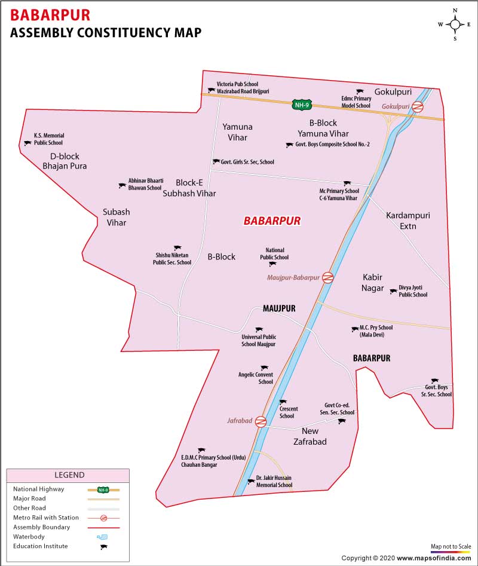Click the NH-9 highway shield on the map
point(301,105)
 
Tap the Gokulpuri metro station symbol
point(418,107)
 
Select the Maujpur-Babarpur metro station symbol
point(327,277)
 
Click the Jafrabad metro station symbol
point(260,421)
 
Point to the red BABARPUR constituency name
point(272,221)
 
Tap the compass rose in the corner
point(455,25)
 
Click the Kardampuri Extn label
point(408,221)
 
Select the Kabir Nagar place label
point(372,283)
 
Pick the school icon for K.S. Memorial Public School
point(27,143)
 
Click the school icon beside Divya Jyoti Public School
point(393,292)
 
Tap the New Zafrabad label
point(310,436)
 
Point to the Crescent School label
point(287,412)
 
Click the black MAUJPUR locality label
point(280,308)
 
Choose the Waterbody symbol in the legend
point(102,537)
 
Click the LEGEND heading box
point(69,475)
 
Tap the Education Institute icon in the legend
point(103,546)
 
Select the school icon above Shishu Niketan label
point(177,247)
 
